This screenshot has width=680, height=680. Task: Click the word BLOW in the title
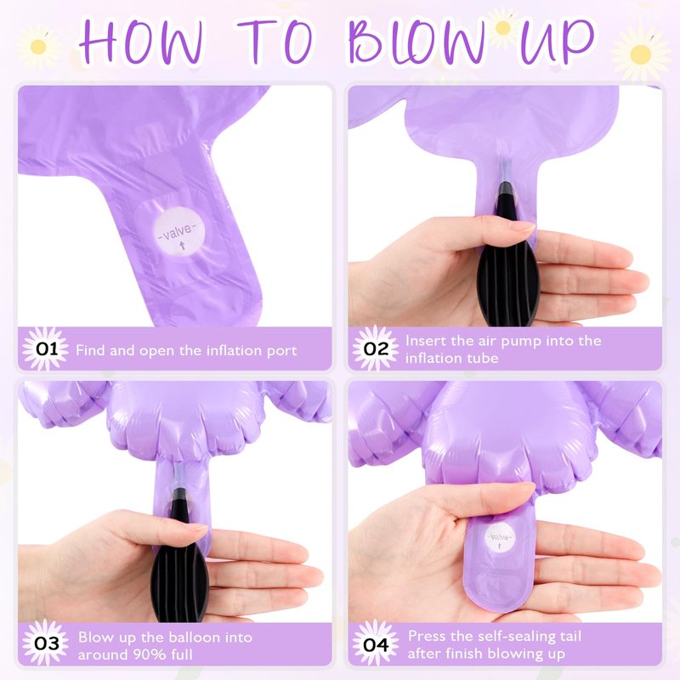click(416, 41)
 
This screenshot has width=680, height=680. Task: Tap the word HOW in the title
click(141, 42)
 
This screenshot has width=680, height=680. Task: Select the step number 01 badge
click(46, 349)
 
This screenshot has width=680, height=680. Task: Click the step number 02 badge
click(376, 348)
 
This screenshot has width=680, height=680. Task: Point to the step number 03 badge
click(46, 643)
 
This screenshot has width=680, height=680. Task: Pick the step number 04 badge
click(376, 644)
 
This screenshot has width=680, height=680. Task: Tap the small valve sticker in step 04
click(500, 539)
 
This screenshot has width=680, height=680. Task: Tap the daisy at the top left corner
click(38, 47)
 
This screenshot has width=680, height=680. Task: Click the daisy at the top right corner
click(641, 54)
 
